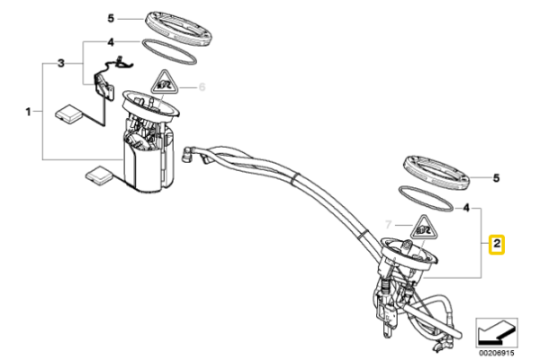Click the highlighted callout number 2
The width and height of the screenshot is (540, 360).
497,244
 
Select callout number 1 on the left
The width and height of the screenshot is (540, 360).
28,112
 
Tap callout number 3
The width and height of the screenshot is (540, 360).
61,63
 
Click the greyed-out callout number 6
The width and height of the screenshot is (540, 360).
202,86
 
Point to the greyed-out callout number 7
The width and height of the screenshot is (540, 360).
389,225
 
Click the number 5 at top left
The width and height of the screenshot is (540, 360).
111,18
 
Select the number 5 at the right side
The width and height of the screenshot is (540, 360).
496,178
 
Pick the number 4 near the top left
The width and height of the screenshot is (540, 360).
111,42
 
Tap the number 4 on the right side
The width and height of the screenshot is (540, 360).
466,208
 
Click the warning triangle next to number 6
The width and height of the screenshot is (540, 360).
165,84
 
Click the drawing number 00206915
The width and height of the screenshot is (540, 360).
497,353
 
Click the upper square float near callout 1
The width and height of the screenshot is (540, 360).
69,113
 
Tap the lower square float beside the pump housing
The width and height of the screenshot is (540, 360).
99,175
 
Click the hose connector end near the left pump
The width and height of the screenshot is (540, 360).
187,154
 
